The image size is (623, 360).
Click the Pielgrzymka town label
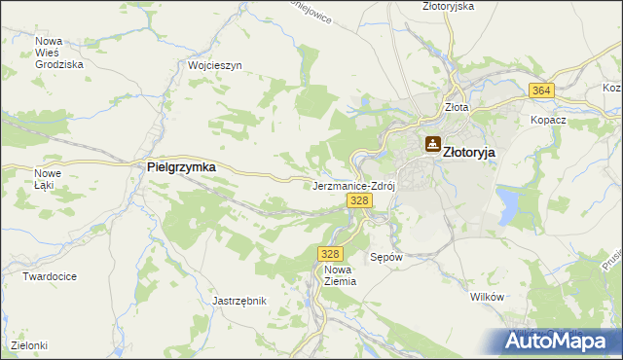coord(181,166)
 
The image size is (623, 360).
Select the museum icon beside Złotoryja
coord(431,145)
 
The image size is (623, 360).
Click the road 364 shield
coord(542,90)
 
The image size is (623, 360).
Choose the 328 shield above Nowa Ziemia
coord(329,253)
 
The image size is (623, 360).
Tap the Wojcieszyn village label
coord(214,65)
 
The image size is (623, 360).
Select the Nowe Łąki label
coord(48,179)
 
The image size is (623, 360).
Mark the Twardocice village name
coord(50,276)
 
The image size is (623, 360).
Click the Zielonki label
coord(29,345)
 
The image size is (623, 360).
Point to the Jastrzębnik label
coord(239,302)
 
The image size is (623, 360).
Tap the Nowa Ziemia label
coord(340,274)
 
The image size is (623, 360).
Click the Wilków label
coord(485,297)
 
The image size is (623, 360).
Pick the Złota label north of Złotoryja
coord(456,108)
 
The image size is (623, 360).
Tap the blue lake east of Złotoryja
coord(508,204)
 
